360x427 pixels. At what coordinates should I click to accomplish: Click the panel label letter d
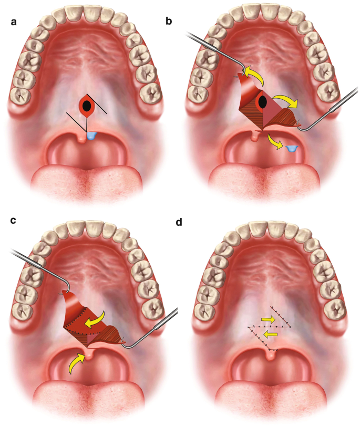click(179, 222)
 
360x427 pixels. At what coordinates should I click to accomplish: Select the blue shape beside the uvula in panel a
click(92, 136)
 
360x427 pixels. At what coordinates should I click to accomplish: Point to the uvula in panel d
click(270, 356)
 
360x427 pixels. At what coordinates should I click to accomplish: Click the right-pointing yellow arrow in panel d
click(268, 319)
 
